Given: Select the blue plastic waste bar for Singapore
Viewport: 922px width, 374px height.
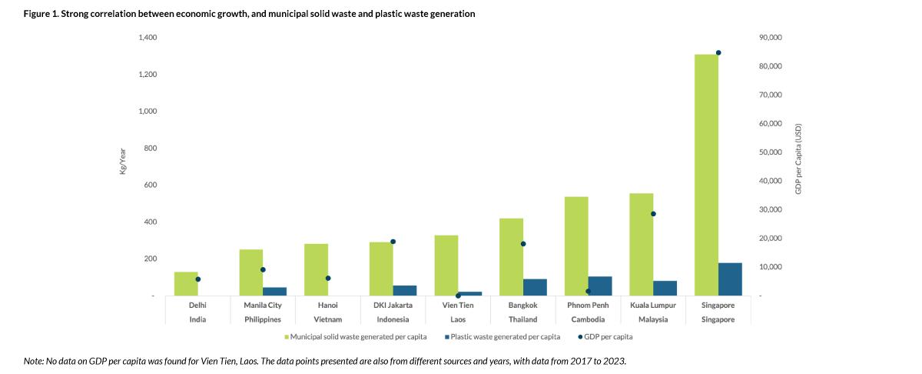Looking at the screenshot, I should tap(730, 279).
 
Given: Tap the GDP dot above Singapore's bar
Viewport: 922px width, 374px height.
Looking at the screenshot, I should tap(718, 53).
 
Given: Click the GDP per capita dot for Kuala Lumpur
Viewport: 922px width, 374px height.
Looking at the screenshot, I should tap(653, 214).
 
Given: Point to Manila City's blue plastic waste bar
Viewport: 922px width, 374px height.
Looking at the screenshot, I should tap(275, 292).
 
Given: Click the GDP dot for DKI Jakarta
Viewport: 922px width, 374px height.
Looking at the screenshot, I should tap(393, 242).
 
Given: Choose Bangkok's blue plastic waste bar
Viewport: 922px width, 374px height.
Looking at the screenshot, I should tap(535, 287).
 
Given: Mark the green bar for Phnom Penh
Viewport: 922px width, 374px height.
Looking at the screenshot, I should tap(576, 246).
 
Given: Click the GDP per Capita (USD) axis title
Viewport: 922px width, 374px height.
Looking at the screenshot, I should tap(798, 159).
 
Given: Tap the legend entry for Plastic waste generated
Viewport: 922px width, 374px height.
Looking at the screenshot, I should tap(502, 337).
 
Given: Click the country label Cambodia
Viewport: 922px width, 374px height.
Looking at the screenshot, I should tap(589, 319).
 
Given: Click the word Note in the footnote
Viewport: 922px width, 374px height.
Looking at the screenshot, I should tap(34, 360).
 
